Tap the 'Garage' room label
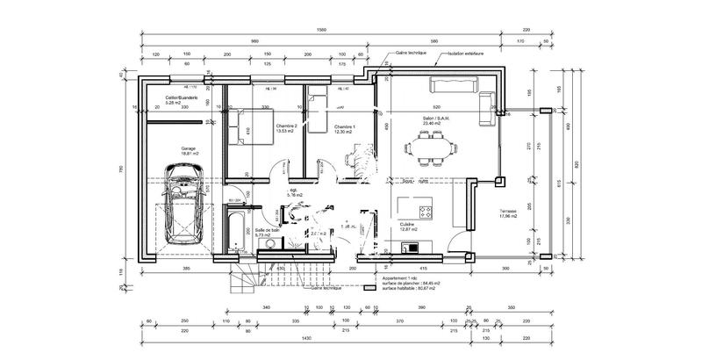(189, 150)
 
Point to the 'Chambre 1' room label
(343, 126)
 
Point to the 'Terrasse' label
(509, 212)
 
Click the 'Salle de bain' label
(267, 231)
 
